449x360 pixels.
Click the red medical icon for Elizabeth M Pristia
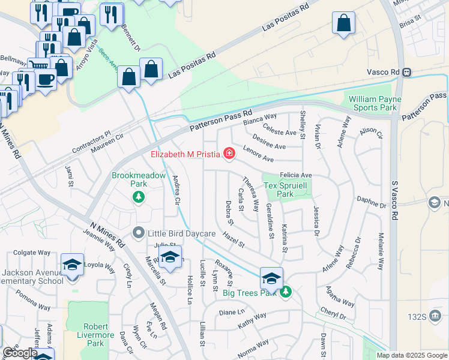click(229, 155)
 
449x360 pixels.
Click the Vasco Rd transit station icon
click(407, 72)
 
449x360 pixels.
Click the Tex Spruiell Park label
click(285, 190)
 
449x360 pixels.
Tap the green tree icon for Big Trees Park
click(286, 292)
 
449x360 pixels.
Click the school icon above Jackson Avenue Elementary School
click(72, 265)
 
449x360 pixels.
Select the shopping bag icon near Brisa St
click(344, 23)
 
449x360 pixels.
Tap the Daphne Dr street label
click(372, 202)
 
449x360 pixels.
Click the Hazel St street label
click(234, 241)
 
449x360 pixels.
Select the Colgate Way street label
click(29, 253)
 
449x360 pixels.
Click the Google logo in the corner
click(20, 353)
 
